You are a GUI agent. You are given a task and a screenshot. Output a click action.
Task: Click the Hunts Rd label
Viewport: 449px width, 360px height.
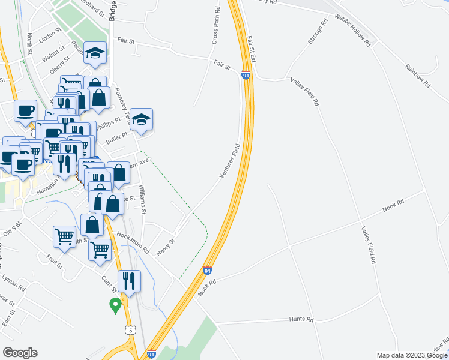301,320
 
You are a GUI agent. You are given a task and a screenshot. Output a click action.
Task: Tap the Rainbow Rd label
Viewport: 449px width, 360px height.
418,76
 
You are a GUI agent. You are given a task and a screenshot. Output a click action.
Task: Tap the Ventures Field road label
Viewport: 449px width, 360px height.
230,161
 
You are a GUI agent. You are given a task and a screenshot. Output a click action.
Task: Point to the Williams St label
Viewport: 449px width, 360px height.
143,199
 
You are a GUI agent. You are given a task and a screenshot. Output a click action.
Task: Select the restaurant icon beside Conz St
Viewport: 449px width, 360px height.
129,280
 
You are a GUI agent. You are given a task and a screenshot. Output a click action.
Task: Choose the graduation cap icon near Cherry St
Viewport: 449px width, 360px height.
95,52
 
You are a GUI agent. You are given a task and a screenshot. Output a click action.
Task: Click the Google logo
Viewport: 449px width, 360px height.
20,353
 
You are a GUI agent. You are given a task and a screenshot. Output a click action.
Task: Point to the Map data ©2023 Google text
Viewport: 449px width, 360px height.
412,355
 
